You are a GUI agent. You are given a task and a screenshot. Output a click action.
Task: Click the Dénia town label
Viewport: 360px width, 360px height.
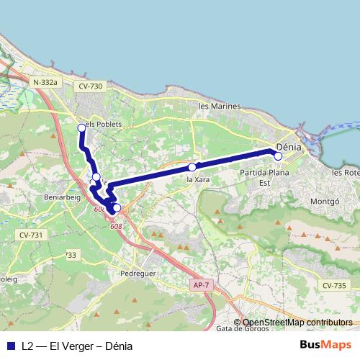point(288,146)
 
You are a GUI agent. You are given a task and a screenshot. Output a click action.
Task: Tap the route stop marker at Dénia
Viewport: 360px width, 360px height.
point(279,156)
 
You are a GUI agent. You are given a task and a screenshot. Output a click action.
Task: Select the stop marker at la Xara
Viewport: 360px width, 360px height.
point(192,166)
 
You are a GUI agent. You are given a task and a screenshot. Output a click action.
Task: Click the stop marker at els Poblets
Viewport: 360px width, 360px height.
point(81,128)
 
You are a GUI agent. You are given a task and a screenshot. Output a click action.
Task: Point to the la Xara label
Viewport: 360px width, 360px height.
point(197,179)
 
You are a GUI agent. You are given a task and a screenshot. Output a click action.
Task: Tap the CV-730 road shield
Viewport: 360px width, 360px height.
point(90,86)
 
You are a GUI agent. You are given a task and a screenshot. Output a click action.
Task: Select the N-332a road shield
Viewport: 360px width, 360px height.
point(45,83)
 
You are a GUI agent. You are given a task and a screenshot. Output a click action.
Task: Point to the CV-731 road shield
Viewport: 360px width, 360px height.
point(31,235)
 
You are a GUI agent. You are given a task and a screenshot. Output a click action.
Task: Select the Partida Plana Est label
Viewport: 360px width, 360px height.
point(264,178)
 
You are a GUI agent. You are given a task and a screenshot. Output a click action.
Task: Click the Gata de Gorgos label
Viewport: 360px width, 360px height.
point(241,328)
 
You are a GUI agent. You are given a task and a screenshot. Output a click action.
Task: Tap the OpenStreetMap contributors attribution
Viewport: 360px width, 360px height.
point(293,323)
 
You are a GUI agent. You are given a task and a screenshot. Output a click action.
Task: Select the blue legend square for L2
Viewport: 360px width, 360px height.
point(10,346)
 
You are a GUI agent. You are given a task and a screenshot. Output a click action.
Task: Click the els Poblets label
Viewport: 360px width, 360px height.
point(104,124)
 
